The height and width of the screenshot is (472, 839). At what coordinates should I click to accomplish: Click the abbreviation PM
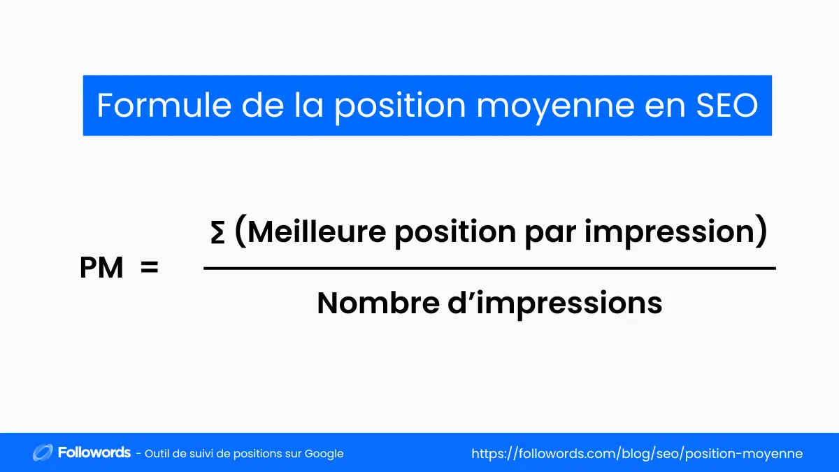pyautogui.click(x=101, y=268)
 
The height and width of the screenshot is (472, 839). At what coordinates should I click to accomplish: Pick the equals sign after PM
pyautogui.click(x=149, y=267)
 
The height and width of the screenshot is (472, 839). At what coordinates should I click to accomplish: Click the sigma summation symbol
pyautogui.click(x=217, y=234)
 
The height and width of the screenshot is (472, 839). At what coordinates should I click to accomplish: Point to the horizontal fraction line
pyautogui.click(x=489, y=268)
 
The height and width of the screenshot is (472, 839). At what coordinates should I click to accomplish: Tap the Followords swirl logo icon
pyautogui.click(x=43, y=453)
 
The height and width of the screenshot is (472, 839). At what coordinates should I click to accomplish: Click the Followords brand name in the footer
pyautogui.click(x=94, y=453)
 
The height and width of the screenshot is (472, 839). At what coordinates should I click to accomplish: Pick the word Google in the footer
pyautogui.click(x=324, y=454)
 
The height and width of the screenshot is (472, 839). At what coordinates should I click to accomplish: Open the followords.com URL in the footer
pyautogui.click(x=637, y=454)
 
